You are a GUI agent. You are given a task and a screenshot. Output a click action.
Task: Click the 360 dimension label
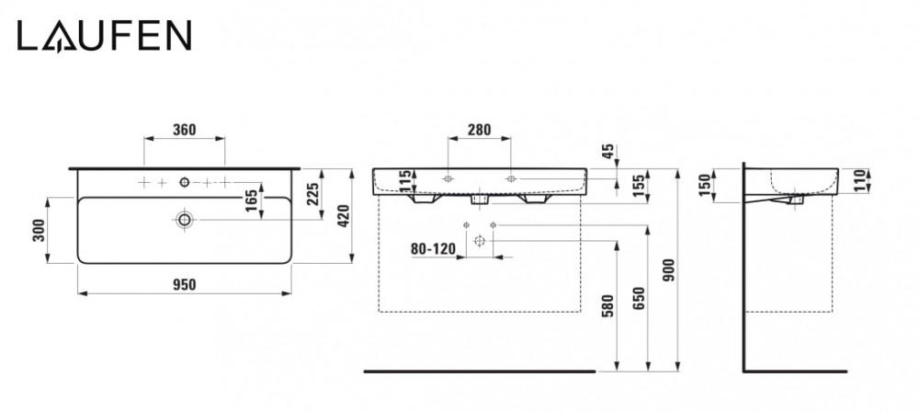(185, 130)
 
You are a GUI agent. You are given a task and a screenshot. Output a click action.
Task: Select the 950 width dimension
(186, 284)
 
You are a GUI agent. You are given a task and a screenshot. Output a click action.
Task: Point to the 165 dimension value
(249, 202)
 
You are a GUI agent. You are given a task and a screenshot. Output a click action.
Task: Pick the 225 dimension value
(312, 195)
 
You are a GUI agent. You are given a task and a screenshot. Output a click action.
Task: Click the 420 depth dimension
(344, 216)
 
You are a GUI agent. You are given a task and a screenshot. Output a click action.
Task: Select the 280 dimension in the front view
(478, 130)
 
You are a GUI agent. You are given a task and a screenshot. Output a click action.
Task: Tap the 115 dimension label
(403, 183)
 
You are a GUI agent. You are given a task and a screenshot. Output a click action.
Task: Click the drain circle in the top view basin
(185, 219)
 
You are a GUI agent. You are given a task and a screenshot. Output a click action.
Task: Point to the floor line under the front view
(479, 372)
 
